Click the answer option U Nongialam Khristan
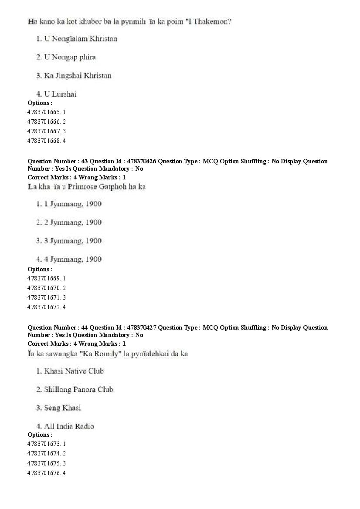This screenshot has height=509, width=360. pyautogui.click(x=81, y=39)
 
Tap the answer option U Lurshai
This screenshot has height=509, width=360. pyautogui.click(x=61, y=94)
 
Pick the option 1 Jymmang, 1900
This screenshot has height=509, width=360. pyautogui.click(x=73, y=204)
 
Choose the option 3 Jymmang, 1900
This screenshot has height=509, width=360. pyautogui.click(x=73, y=241)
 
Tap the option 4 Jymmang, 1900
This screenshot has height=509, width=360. pyautogui.click(x=73, y=259)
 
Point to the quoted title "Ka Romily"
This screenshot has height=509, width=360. pyautogui.click(x=98, y=354)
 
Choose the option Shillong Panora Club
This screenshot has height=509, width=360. pyautogui.click(x=78, y=389)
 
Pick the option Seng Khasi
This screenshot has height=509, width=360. pyautogui.click(x=63, y=408)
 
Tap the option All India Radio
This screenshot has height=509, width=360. pyautogui.click(x=69, y=426)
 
